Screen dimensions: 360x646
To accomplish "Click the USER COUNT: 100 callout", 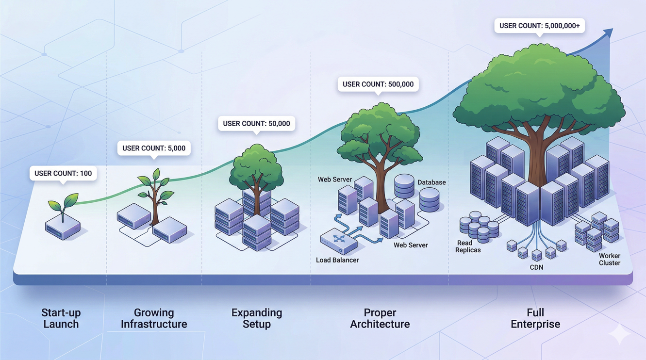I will (63, 173).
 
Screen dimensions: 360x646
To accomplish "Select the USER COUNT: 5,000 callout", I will (154, 148).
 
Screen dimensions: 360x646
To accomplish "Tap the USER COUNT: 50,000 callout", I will (256, 123).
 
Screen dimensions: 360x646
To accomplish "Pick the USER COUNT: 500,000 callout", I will (378, 84).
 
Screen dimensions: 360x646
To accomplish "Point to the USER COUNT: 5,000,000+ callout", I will (539, 26).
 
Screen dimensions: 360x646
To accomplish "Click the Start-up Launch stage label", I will (61, 318).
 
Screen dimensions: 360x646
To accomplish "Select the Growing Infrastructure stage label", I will (154, 318).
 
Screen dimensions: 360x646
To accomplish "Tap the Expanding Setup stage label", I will (257, 318).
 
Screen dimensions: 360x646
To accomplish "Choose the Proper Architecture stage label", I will (380, 318).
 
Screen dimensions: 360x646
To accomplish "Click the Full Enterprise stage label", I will (535, 318).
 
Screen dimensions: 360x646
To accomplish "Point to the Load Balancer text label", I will (337, 260).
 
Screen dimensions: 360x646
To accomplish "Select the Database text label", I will (431, 182).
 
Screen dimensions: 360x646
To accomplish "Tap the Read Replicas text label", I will (468, 246).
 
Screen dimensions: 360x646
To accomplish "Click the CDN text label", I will (536, 267).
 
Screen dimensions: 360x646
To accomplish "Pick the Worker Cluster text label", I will (610, 259).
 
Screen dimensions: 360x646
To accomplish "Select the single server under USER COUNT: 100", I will (63, 228).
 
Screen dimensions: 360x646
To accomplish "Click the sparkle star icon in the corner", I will (619, 334).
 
